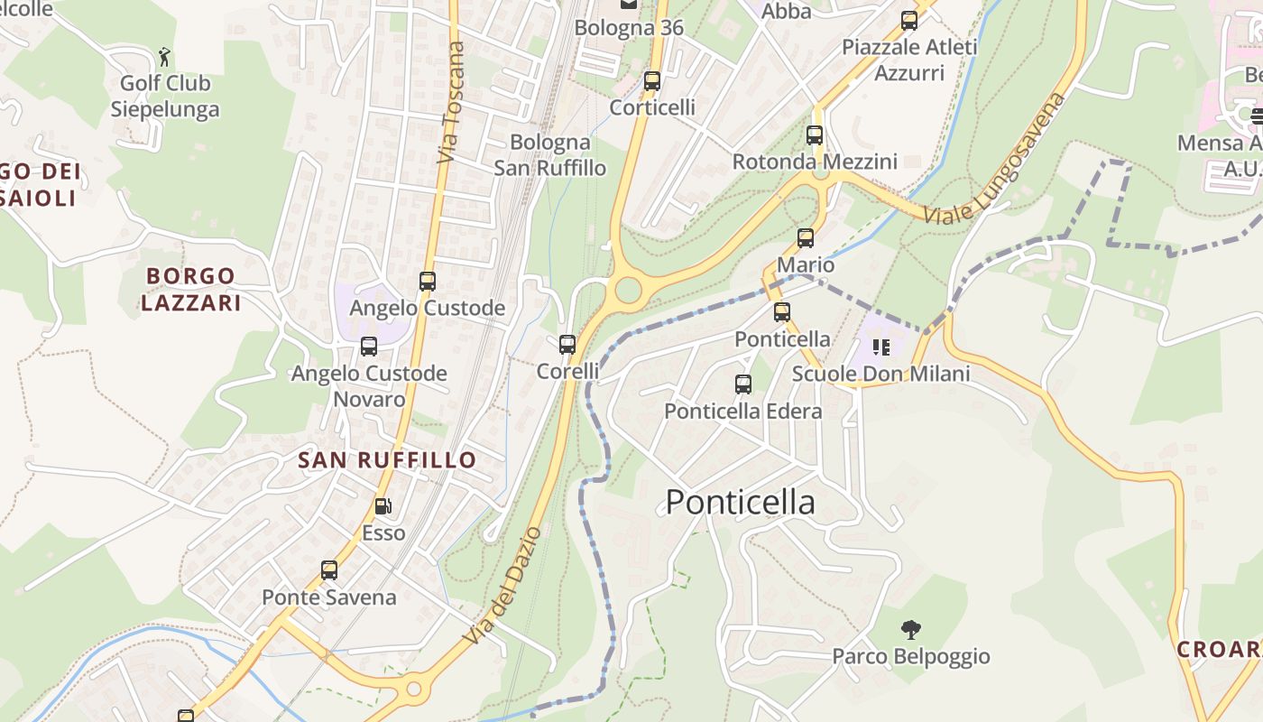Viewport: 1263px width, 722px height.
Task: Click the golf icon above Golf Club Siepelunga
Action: pos(164,58)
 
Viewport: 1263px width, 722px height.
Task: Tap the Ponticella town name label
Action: pos(740,502)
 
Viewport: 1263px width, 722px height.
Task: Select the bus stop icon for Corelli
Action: pos(567,345)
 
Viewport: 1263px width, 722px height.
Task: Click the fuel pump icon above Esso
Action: pos(383,506)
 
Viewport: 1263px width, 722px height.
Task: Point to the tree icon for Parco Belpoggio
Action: pos(911,629)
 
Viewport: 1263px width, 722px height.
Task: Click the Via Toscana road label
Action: pos(450,103)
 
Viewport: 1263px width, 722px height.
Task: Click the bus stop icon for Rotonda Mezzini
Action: pos(815,135)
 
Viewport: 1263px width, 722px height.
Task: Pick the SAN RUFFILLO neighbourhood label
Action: pos(387,460)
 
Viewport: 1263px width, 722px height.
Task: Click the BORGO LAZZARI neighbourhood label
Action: pos(190,289)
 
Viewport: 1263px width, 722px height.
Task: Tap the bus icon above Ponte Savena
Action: pos(329,570)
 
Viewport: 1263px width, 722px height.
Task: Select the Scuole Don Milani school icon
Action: pos(881,347)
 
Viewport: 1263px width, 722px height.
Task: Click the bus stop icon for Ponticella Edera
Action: pos(743,384)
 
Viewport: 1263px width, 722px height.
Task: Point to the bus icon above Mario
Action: pos(806,238)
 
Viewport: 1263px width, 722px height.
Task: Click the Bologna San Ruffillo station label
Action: pos(549,154)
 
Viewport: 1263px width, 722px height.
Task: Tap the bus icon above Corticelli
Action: pos(652,81)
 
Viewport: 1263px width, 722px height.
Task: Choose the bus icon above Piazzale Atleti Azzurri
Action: pos(909,21)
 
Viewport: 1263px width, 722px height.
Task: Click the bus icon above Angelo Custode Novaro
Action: pos(369,347)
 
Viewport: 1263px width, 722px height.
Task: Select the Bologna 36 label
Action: pos(629,27)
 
